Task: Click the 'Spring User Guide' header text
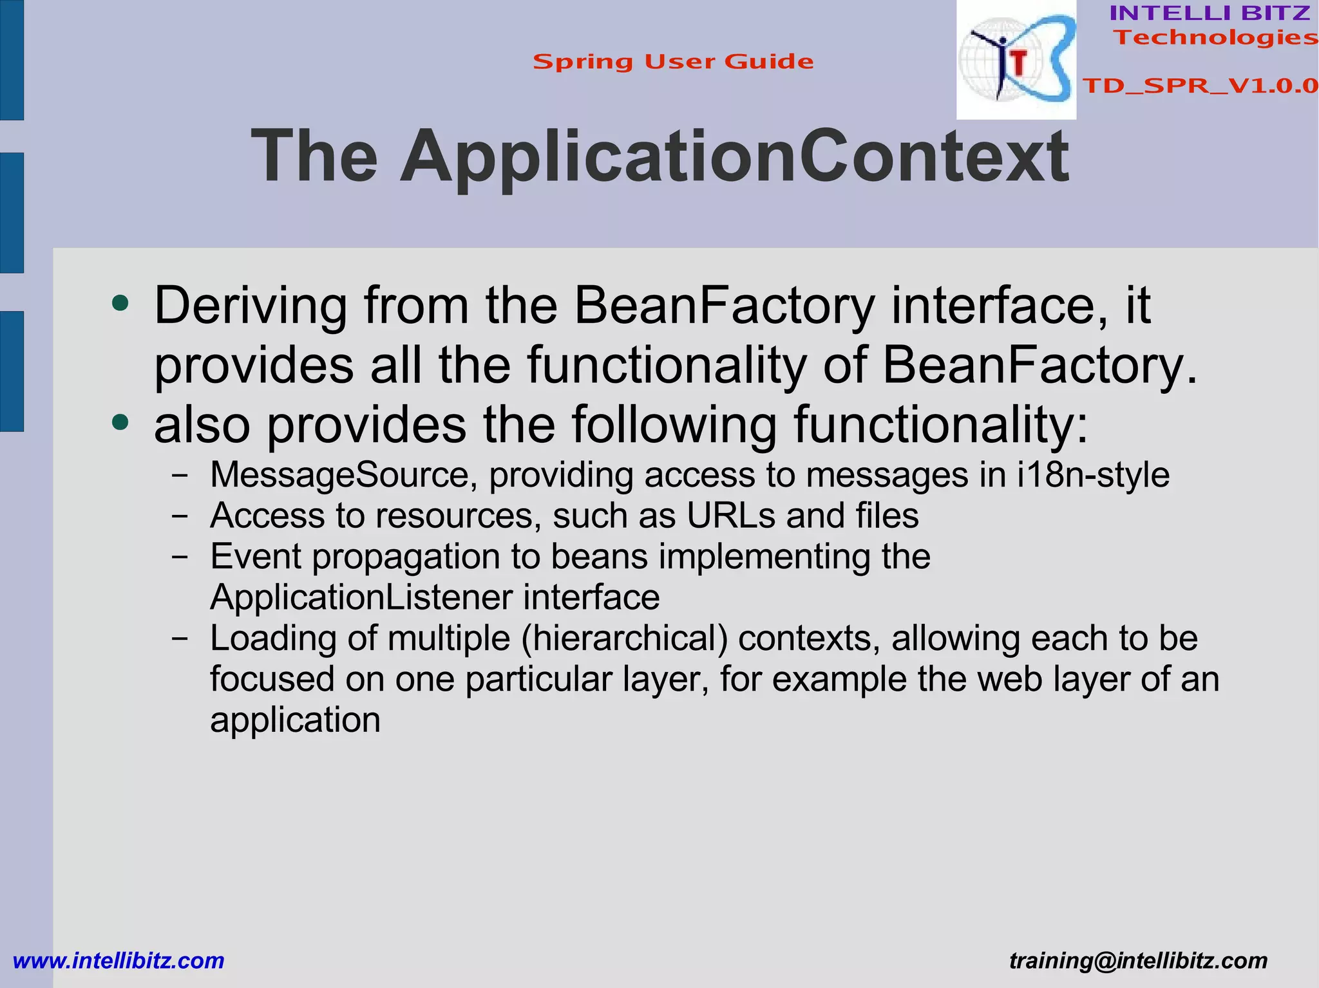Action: [x=673, y=62]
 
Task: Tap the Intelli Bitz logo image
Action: [x=1016, y=61]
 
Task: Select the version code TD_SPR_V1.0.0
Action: [x=1200, y=86]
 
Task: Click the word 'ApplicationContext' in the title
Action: [x=735, y=157]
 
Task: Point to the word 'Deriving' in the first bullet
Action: [x=251, y=306]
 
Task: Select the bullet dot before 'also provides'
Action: [x=120, y=423]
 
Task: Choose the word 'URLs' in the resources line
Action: [x=730, y=516]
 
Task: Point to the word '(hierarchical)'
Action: [x=625, y=638]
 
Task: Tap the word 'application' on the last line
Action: [x=295, y=720]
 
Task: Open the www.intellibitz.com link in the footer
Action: [x=119, y=960]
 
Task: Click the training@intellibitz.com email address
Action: [x=1138, y=960]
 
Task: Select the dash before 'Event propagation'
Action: [x=180, y=557]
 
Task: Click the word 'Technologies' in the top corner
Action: [x=1216, y=37]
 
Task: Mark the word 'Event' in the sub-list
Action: [x=256, y=557]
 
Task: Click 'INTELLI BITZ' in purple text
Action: [x=1210, y=13]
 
